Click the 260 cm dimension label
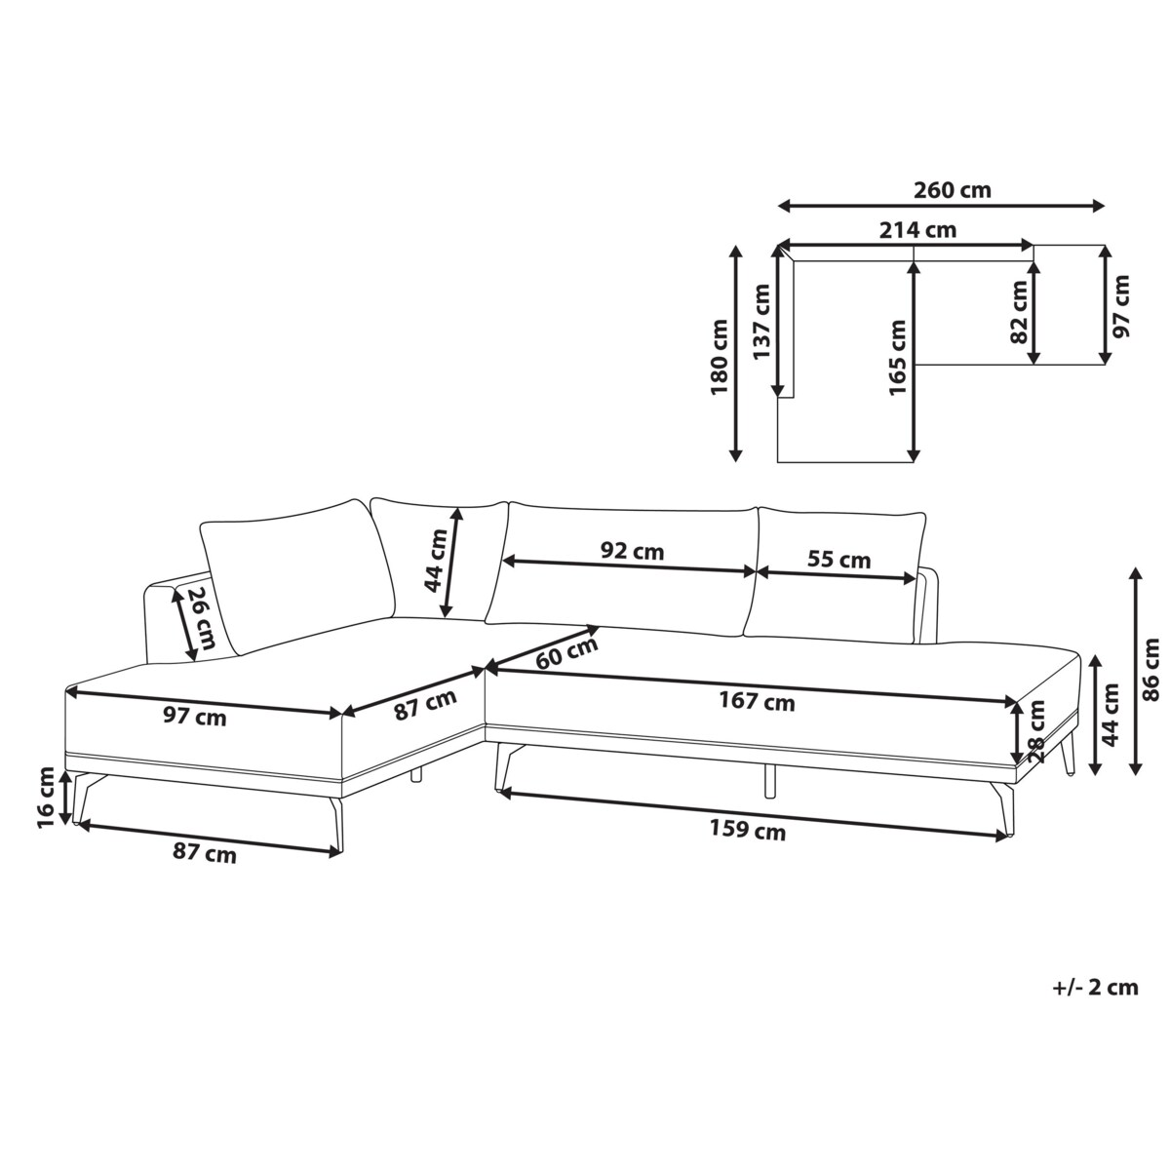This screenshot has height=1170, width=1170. click(x=953, y=189)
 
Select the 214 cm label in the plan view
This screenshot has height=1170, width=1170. click(x=917, y=231)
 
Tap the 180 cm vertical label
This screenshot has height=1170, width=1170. click(x=720, y=357)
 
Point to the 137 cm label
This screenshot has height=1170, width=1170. click(x=761, y=322)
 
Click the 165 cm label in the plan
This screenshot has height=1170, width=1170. click(x=897, y=359)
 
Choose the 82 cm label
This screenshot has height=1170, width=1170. click(x=1020, y=313)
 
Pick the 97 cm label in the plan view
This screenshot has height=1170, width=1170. click(x=1121, y=306)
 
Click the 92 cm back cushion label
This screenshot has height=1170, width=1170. click(x=632, y=551)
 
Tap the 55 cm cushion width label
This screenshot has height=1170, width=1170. click(x=839, y=560)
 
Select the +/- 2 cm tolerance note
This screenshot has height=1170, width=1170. click(x=1095, y=988)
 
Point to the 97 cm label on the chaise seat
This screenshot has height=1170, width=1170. click(x=194, y=718)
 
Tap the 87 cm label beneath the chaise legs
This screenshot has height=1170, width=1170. click(x=204, y=854)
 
